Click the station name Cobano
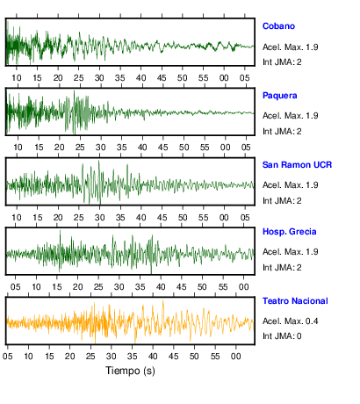[278, 26]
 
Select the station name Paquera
[279, 96]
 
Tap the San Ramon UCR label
[297, 165]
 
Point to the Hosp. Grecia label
[289, 232]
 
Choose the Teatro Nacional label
[295, 301]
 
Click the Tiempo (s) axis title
[130, 371]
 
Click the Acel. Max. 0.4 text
[290, 321]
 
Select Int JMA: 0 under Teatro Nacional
[282, 335]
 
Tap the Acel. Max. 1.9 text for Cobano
[290, 47]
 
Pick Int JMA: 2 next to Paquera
[282, 132]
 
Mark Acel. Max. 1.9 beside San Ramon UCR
[290, 185]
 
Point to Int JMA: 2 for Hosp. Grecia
[282, 268]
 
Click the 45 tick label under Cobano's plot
[162, 78]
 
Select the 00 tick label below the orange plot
[236, 357]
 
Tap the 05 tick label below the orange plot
[8, 357]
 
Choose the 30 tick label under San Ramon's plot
[99, 218]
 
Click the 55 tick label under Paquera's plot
[205, 148]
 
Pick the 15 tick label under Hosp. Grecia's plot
[57, 286]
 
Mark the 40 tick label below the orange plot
[153, 357]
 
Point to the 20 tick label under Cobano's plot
[58, 78]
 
